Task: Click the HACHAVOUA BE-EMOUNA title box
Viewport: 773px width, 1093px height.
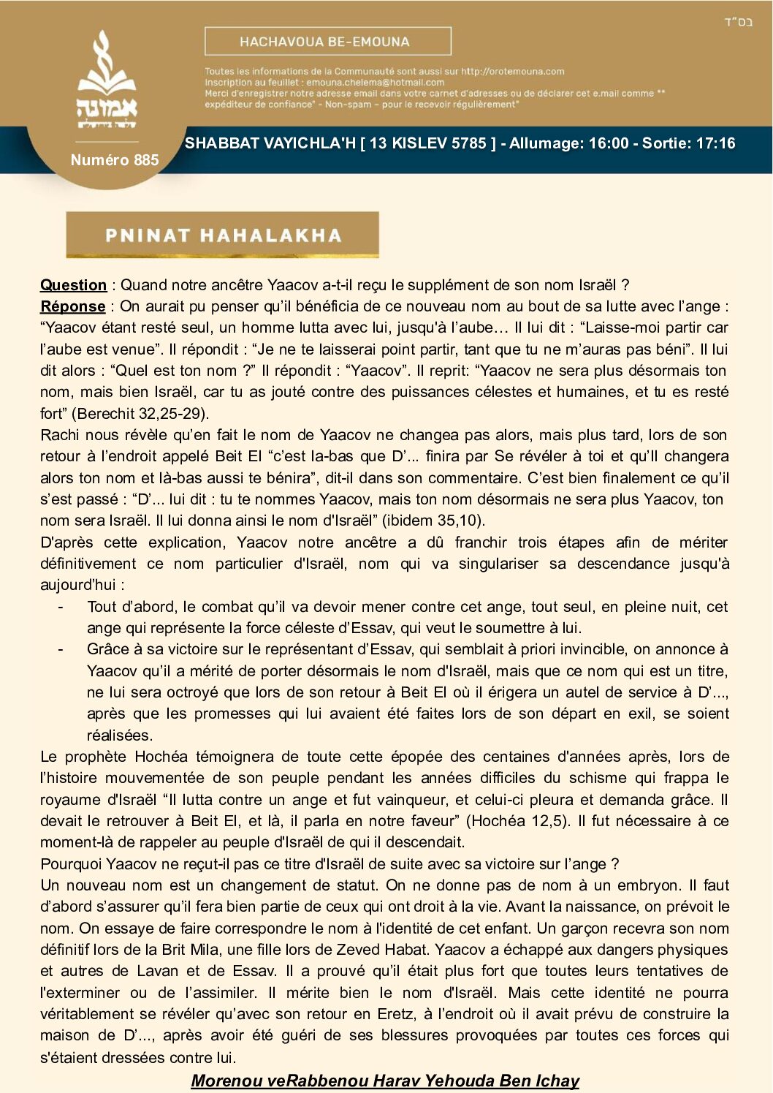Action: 327,42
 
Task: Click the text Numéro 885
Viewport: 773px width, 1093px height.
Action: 115,160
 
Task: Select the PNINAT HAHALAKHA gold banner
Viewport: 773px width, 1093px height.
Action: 222,235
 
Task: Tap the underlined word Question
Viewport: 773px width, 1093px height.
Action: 73,285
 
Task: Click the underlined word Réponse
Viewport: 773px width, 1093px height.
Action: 72,306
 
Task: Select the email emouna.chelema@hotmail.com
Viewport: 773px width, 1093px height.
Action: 375,83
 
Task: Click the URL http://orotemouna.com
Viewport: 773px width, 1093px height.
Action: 512,72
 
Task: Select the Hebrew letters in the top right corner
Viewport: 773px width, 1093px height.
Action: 738,22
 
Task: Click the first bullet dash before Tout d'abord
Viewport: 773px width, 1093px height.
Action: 61,607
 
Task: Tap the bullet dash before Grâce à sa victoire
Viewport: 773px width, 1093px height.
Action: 61,649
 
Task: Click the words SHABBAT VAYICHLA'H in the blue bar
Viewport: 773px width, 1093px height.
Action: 270,143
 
